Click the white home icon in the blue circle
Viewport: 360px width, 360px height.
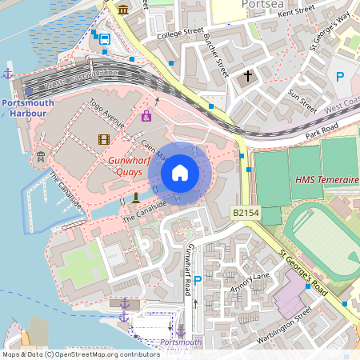180,173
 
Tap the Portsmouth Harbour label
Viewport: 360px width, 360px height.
28,108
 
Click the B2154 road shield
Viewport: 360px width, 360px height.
246,213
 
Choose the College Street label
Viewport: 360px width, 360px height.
181,33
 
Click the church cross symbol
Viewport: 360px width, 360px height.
248,78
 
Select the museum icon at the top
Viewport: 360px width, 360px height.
122,10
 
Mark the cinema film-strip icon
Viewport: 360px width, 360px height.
103,139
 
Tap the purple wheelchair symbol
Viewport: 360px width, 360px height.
146,117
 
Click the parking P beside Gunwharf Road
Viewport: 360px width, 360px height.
198,278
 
